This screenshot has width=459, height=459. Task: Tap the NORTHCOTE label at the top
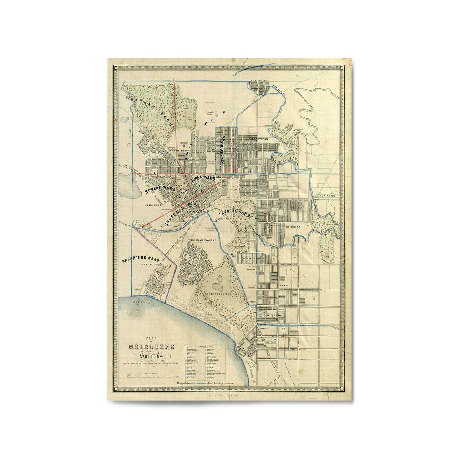pos(259,80)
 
